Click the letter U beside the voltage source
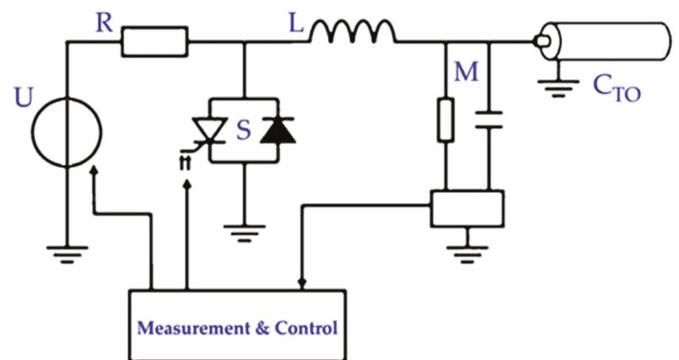point(24,99)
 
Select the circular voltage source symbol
point(67,132)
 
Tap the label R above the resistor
point(104,23)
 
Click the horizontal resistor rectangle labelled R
point(154,40)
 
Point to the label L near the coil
point(296,23)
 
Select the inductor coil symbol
point(353,33)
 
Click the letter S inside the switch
point(243,131)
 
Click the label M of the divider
point(466,73)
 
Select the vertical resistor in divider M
point(446,120)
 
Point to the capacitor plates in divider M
point(488,120)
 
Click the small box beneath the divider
point(466,208)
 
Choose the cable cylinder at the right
point(603,40)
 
